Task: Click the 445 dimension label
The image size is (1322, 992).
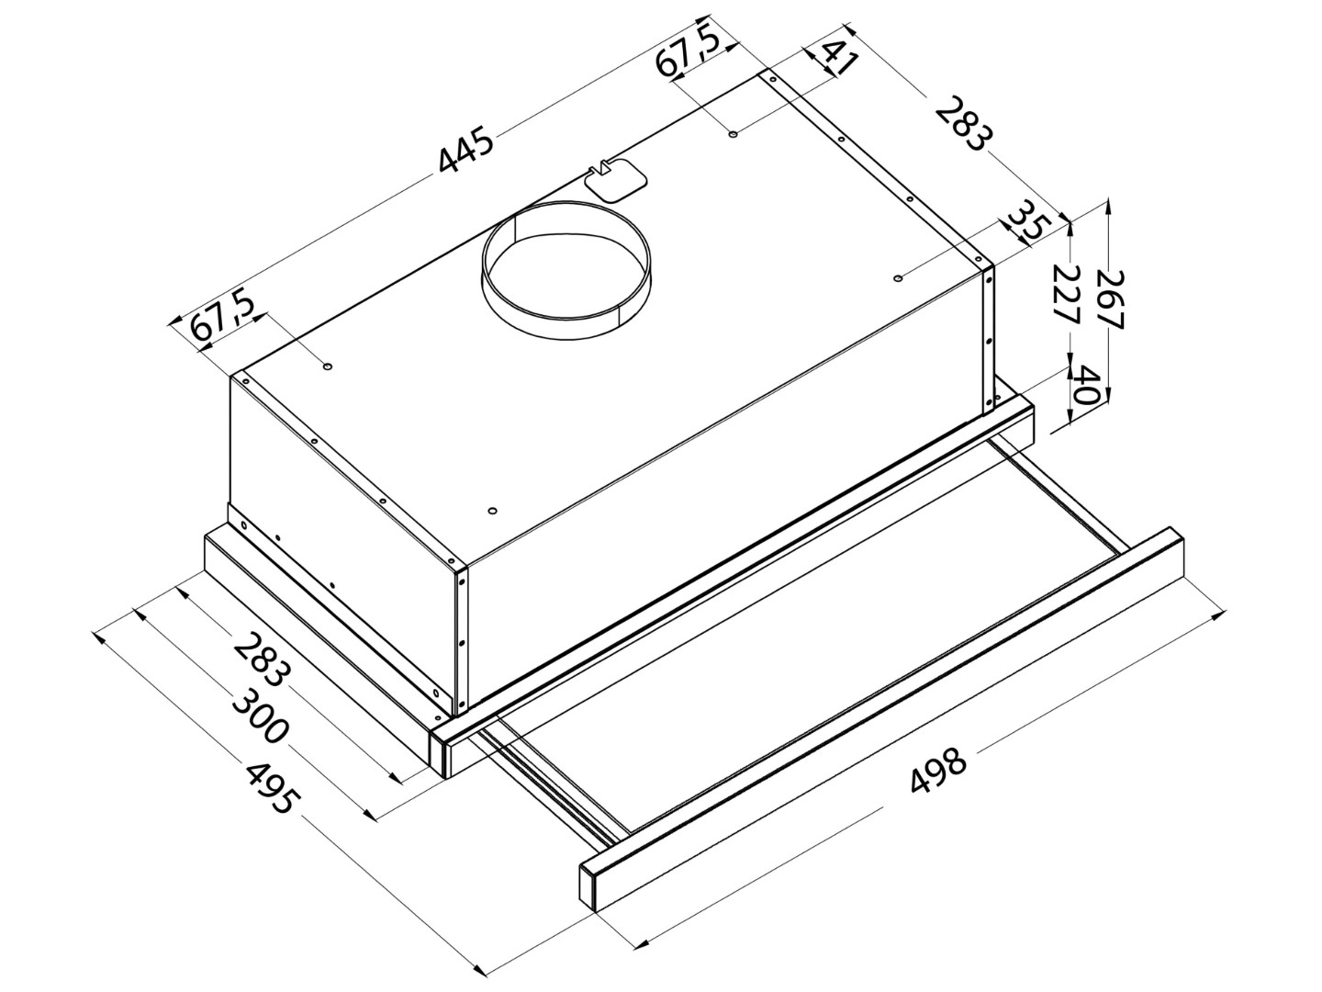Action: (465, 150)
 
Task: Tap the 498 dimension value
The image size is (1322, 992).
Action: (937, 771)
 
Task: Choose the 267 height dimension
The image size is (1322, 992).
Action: (1109, 299)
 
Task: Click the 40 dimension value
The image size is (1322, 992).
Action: (1082, 386)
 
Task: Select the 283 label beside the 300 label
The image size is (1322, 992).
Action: (263, 660)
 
